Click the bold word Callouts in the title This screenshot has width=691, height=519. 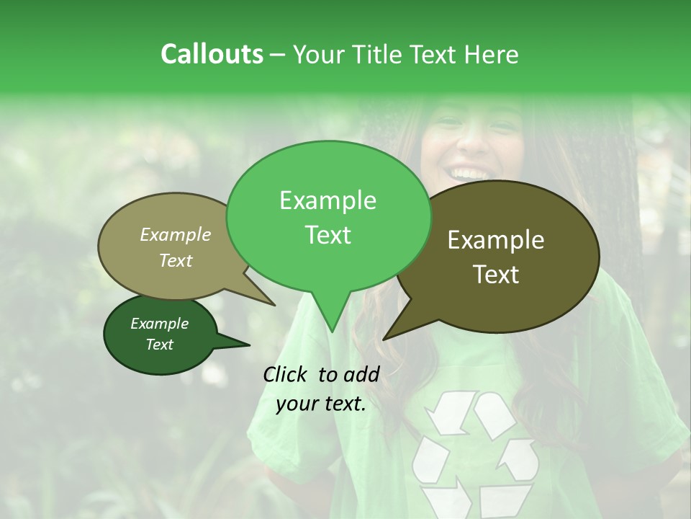pos(212,54)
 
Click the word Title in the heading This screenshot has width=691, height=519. pos(379,54)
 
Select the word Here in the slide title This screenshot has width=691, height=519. pos(492,54)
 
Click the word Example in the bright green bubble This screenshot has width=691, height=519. pos(328,200)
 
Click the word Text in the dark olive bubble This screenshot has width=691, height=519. pos(497,275)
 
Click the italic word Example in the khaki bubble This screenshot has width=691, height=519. pos(176,234)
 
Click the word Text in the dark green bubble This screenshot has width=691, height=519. pos(160,345)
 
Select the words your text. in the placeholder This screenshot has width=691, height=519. pos(321,404)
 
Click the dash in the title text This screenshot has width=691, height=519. pos(279,55)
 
